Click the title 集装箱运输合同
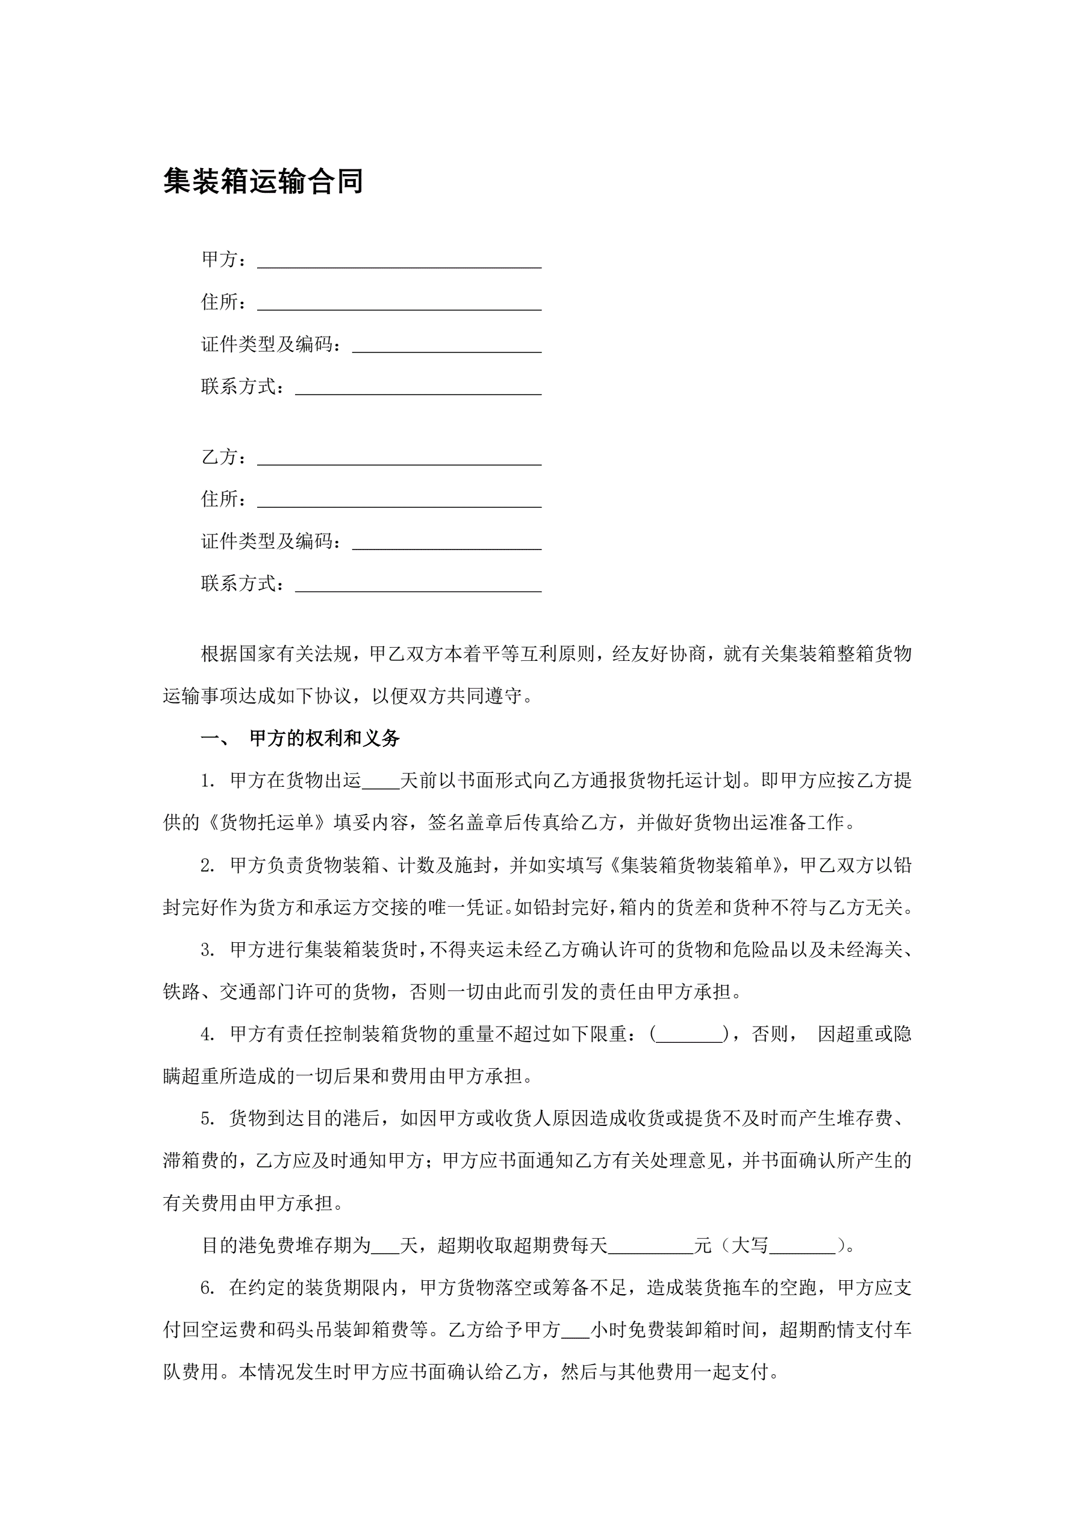(x=263, y=181)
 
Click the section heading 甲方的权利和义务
(x=325, y=738)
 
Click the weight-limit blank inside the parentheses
(x=690, y=1036)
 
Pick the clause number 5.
(x=208, y=1119)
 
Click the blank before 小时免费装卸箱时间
(x=575, y=1331)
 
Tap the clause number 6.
(x=208, y=1287)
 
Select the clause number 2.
(x=208, y=866)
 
